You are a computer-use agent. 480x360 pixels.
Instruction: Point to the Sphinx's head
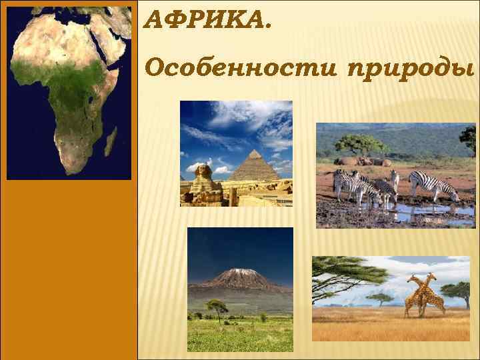(198, 171)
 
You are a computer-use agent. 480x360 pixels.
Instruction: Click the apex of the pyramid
(255, 151)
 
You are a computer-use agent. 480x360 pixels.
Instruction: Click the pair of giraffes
(421, 295)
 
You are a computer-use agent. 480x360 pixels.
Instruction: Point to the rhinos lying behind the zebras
(363, 161)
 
